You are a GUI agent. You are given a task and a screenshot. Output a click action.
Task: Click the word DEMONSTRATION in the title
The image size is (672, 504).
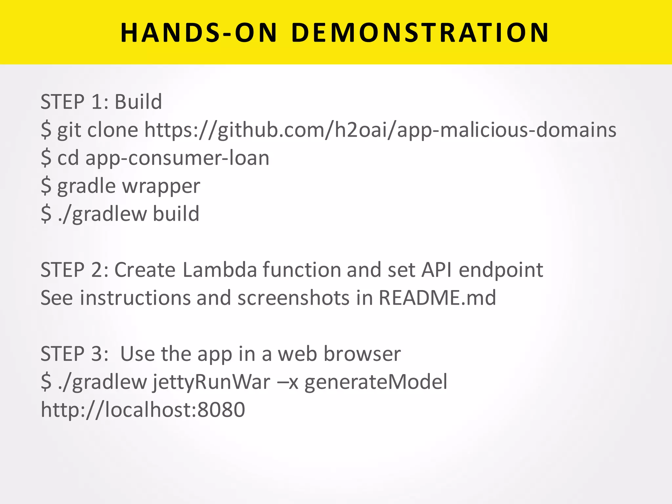[420, 33]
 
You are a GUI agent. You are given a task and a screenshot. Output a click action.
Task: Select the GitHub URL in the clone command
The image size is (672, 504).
[380, 130]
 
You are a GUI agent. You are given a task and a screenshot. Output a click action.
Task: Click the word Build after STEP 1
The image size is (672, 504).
[138, 101]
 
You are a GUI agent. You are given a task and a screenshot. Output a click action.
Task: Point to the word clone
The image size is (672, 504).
[113, 130]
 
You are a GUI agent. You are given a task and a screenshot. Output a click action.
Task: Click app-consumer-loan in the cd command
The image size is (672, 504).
[177, 158]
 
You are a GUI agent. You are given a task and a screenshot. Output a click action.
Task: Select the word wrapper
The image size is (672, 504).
[161, 186]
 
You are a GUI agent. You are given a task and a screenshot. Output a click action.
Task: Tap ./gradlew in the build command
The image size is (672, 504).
[102, 214]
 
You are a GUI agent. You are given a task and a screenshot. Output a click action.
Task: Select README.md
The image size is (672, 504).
[437, 298]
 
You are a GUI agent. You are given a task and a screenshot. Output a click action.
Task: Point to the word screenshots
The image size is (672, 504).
[294, 298]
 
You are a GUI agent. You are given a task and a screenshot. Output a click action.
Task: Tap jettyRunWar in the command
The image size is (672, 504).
[212, 382]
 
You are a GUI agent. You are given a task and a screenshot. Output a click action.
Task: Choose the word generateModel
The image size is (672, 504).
[376, 382]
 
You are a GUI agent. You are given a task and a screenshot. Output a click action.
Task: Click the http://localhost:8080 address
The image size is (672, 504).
[143, 409]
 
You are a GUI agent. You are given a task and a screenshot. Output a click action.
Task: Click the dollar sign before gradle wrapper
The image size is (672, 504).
[46, 186]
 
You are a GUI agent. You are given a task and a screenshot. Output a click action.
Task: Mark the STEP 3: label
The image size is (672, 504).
[74, 354]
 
